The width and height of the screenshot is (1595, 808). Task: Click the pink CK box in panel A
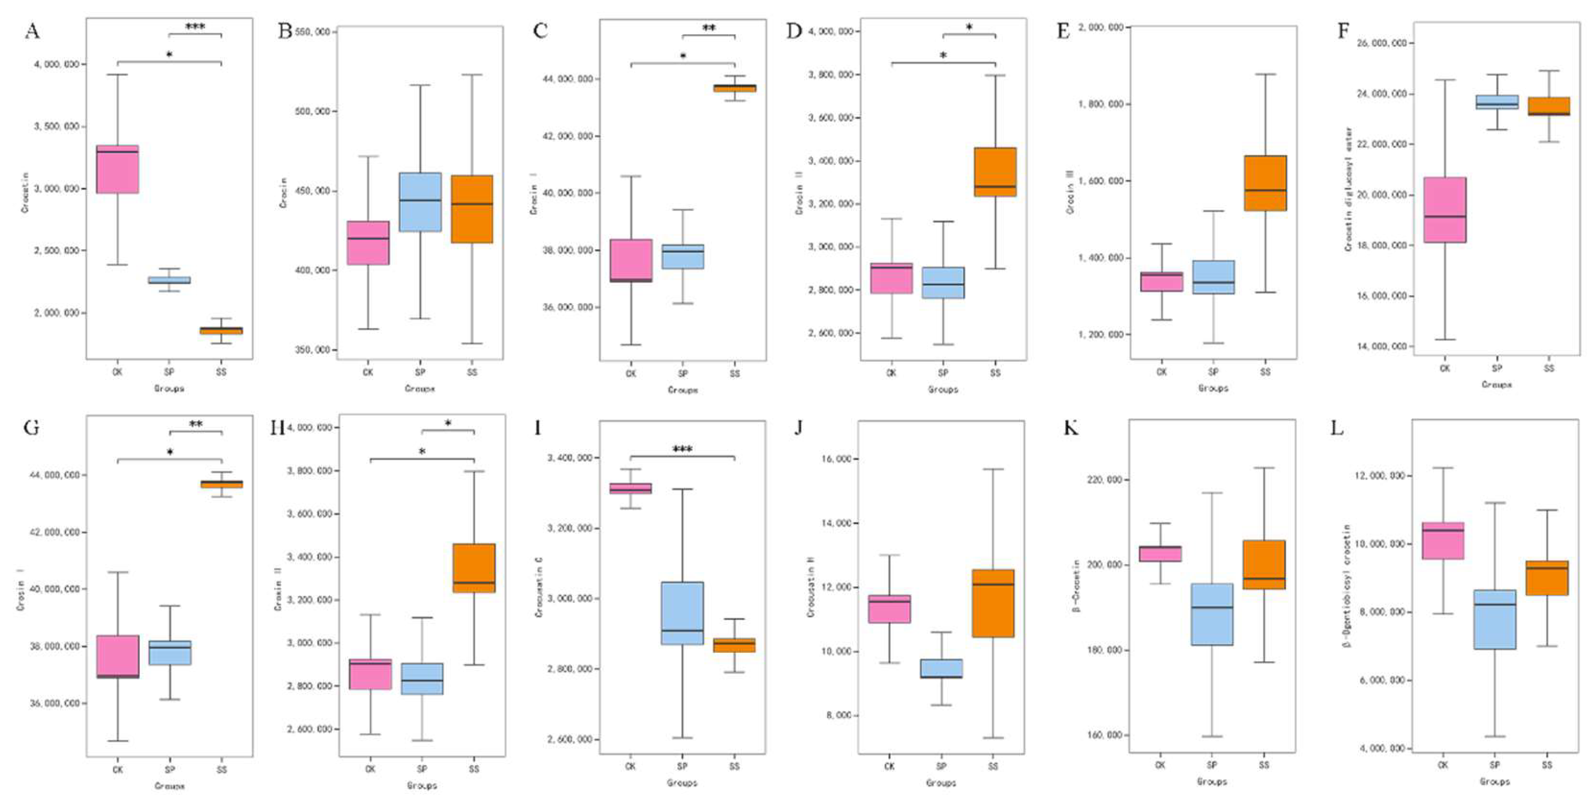coord(117,169)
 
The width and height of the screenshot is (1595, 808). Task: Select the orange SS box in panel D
coord(995,172)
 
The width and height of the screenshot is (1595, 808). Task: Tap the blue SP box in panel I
coord(682,613)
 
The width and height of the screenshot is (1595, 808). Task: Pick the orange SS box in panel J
coord(993,603)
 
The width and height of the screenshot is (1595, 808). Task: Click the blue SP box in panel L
coord(1495,619)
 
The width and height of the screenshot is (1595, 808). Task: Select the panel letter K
coord(1071,427)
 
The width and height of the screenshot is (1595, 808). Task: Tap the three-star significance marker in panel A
coord(195,27)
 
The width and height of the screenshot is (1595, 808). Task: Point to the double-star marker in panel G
coord(196,424)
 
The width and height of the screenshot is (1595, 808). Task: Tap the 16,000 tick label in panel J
coord(835,459)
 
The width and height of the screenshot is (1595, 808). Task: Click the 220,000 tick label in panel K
coord(1102,480)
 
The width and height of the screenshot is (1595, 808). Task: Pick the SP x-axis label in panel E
coord(1213,372)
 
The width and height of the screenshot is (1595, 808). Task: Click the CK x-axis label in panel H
coord(370,769)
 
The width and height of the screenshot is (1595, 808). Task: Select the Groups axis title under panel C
coord(682,390)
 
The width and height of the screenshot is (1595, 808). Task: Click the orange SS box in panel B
coord(472,209)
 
